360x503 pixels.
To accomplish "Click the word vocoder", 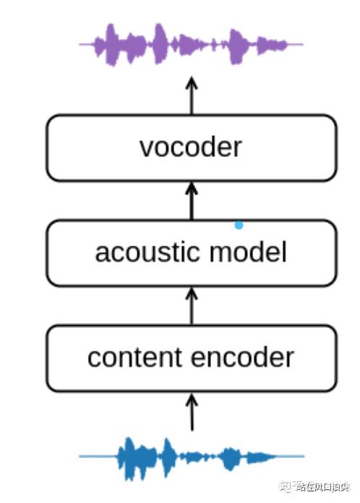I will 191,147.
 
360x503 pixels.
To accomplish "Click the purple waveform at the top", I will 191,44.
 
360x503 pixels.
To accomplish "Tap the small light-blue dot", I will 239,225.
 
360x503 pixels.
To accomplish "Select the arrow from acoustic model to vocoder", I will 192,201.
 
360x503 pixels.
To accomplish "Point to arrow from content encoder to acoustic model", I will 192,306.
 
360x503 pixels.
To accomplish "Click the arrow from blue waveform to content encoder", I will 192,412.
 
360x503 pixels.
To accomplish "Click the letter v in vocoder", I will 145,148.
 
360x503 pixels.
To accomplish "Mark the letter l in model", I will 283,252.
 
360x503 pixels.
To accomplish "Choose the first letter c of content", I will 93,358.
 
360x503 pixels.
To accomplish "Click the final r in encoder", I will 291,358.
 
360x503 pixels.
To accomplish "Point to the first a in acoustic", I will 101,254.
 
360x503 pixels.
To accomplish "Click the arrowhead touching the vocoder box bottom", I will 192,188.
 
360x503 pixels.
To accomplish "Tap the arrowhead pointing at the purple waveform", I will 192,82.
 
